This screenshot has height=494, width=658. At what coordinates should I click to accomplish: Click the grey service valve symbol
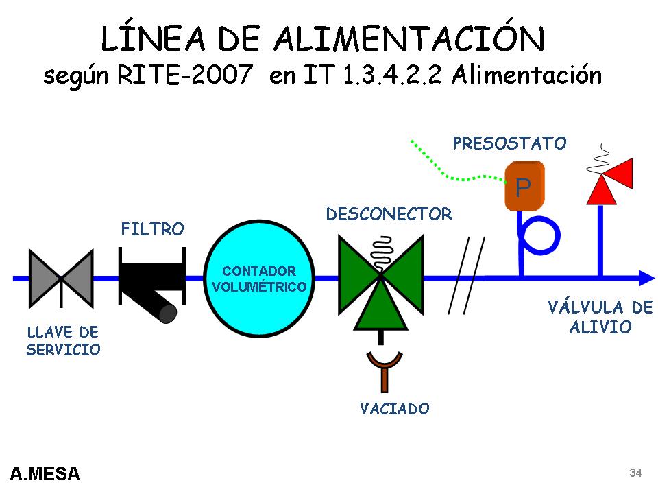pyautogui.click(x=61, y=278)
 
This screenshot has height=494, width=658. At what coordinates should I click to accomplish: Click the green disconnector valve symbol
pyautogui.click(x=380, y=278)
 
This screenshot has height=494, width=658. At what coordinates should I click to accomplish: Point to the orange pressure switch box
pyautogui.click(x=524, y=186)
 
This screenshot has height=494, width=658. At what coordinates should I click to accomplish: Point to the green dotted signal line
pyautogui.click(x=452, y=174)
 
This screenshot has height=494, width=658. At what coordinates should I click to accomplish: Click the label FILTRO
pyautogui.click(x=152, y=229)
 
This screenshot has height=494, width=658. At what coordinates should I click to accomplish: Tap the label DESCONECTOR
pyautogui.click(x=389, y=214)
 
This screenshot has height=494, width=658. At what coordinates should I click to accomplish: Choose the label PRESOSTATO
pyautogui.click(x=509, y=143)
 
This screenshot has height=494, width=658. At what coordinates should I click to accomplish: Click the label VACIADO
pyautogui.click(x=395, y=409)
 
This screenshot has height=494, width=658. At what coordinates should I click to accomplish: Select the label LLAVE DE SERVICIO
pyautogui.click(x=63, y=341)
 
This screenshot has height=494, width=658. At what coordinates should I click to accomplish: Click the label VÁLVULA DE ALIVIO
pyautogui.click(x=600, y=317)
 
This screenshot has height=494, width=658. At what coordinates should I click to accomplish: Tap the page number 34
pyautogui.click(x=635, y=473)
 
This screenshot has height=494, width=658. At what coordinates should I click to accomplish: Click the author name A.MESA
pyautogui.click(x=45, y=473)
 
